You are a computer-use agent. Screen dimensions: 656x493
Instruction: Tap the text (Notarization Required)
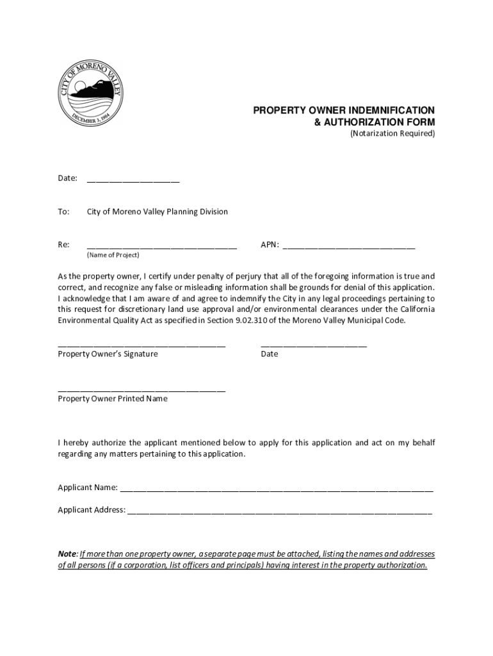(x=392, y=134)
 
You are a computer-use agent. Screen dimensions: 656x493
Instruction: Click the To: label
(x=63, y=211)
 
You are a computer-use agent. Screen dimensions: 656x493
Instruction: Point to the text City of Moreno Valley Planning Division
(x=158, y=211)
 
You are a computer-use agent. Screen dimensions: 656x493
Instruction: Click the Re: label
(x=63, y=245)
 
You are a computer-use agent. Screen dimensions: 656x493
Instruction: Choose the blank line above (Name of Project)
(x=162, y=247)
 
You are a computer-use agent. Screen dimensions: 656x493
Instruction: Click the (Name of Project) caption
(x=113, y=255)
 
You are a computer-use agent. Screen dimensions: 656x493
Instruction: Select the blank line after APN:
(x=349, y=247)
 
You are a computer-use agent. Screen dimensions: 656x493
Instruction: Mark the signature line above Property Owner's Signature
(x=141, y=345)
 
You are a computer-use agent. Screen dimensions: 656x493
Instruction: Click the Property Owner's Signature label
(x=108, y=354)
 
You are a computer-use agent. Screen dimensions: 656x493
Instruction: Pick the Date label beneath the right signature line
(x=270, y=354)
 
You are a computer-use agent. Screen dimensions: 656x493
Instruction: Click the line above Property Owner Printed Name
(x=141, y=389)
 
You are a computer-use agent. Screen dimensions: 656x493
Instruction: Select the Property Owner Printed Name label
(x=113, y=398)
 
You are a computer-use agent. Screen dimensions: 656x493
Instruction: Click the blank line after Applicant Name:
(x=277, y=490)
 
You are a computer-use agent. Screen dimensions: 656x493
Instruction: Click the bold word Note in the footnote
(x=67, y=553)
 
